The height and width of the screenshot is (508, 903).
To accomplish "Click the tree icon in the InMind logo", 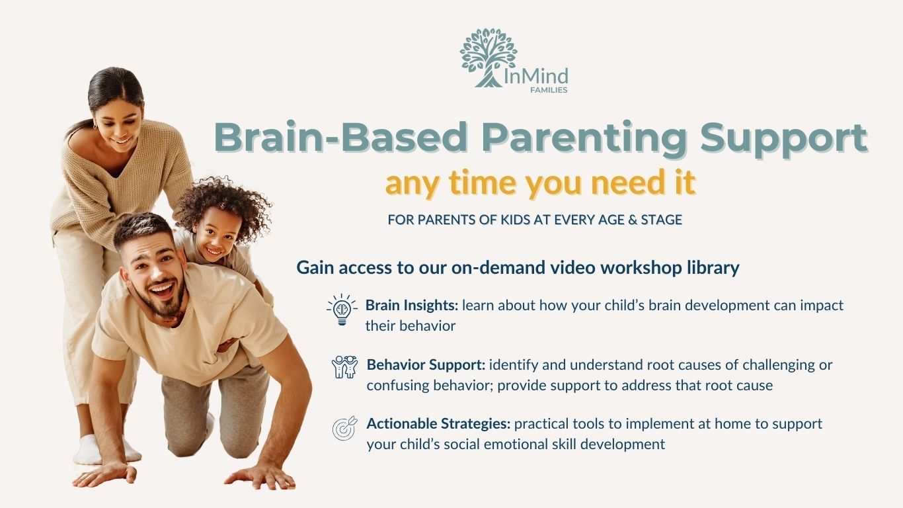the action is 488,58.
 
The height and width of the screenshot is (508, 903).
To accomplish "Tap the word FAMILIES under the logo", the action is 549,90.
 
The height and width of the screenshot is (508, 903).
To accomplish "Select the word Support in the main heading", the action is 784,139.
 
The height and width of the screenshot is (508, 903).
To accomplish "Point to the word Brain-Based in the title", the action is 340,137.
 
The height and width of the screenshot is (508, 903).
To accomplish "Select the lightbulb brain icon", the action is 342,310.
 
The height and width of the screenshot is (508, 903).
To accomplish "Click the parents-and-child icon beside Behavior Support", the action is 344,366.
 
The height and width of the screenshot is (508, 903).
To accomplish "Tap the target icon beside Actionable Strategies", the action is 344,428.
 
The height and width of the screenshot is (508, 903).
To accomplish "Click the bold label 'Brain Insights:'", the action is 412,306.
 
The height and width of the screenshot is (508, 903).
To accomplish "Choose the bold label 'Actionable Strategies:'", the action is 438,424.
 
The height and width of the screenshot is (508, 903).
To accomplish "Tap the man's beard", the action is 166,300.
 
